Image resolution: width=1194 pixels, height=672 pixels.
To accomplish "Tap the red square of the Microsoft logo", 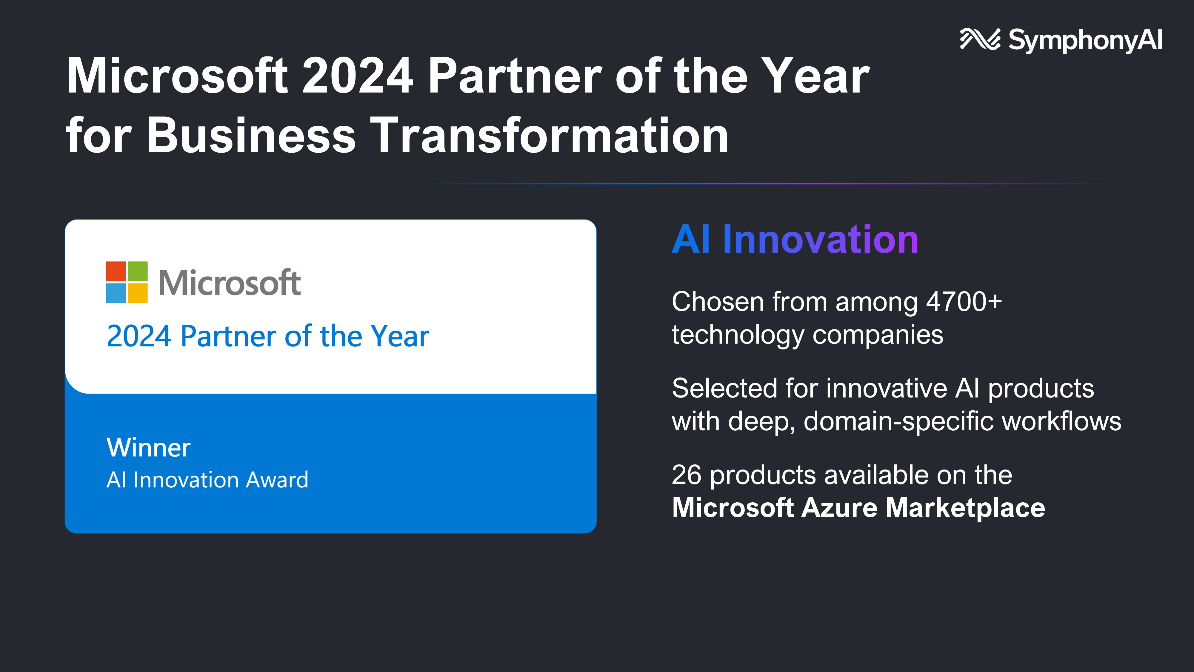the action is pyautogui.click(x=116, y=271).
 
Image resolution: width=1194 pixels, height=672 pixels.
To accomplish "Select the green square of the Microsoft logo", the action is pyautogui.click(x=138, y=271).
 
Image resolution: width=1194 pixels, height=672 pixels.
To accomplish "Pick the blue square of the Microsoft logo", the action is pyautogui.click(x=116, y=293).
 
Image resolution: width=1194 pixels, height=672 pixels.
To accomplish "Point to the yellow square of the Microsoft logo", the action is pyautogui.click(x=138, y=293).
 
